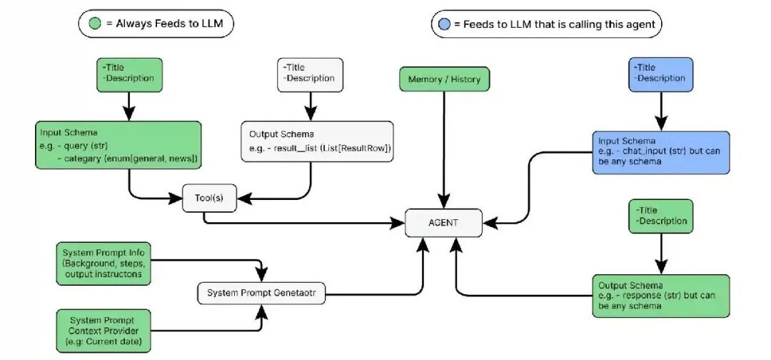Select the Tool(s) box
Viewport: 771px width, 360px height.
209,198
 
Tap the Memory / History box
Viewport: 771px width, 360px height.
444,79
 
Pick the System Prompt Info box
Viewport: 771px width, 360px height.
103,264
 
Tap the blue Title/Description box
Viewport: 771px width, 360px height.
660,74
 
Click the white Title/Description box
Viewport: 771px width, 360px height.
309,74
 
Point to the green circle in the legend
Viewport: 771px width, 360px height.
94,24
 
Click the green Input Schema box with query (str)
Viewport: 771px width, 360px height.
118,145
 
